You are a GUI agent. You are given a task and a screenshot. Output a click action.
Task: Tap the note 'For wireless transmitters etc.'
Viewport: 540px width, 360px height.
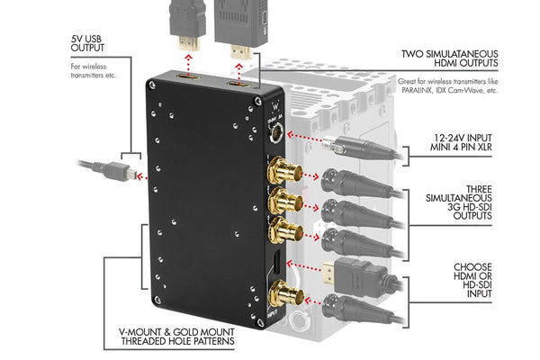[94, 71]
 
